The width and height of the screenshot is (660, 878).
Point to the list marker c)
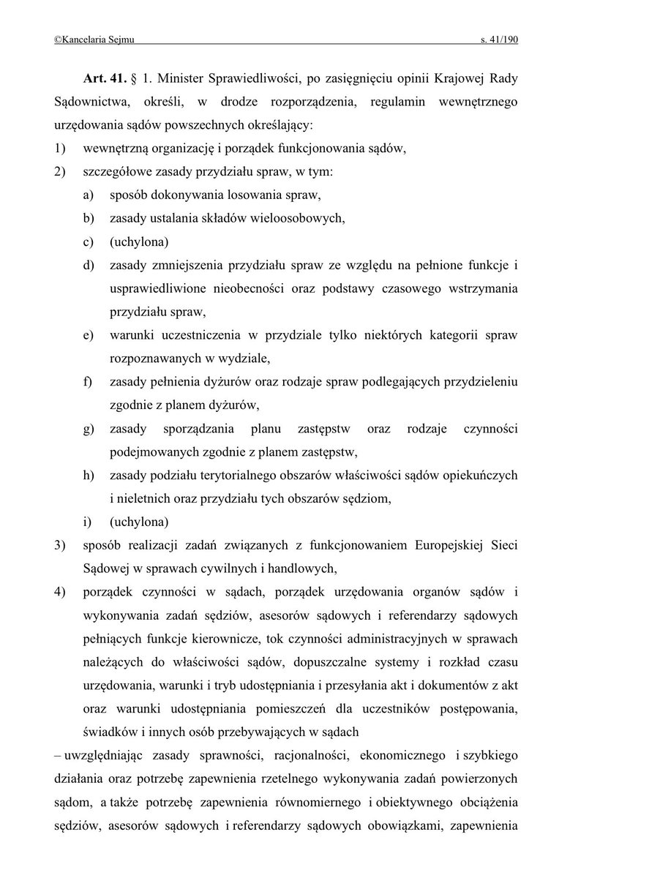88,241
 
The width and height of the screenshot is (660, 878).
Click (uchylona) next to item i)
139,522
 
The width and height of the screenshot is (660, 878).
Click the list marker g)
88,429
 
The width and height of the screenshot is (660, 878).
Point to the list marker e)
88,336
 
